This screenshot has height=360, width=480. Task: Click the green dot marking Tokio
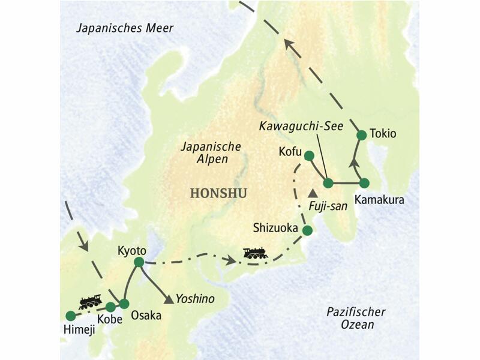[x=361, y=135]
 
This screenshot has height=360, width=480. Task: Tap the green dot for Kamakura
[x=364, y=183]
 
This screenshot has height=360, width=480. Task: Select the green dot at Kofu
[x=309, y=156]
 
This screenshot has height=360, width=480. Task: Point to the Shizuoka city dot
[x=307, y=230]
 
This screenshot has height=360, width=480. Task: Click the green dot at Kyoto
[x=139, y=262]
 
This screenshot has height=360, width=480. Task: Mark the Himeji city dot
[x=70, y=315]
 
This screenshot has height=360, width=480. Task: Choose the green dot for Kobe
[x=110, y=307]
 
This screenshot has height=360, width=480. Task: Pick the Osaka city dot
[x=124, y=304]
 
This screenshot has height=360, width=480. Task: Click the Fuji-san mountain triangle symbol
[x=313, y=194]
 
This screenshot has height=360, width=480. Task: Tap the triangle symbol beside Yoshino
[x=170, y=298]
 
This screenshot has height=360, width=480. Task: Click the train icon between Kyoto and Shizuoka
[x=255, y=254]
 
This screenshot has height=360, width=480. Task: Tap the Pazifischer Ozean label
[x=356, y=318]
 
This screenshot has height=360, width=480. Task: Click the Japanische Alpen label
[x=212, y=153]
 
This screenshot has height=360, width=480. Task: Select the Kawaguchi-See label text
[x=292, y=127]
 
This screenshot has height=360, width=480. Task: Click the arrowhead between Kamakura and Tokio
[x=354, y=161]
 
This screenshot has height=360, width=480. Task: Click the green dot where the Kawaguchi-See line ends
[x=328, y=183]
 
